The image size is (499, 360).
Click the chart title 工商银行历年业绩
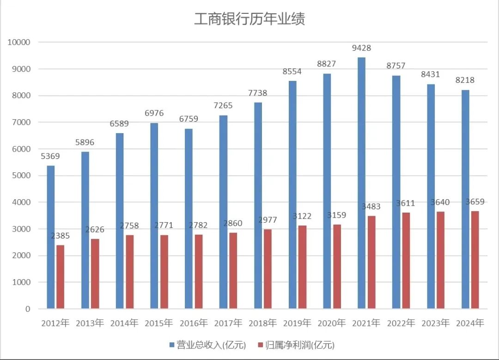coord(249,19)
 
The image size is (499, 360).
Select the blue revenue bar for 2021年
coord(361,183)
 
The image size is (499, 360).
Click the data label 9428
coord(361,48)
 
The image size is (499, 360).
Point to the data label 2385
coord(60,236)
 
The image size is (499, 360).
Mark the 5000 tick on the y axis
coord(20,176)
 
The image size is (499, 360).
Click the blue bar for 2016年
coord(189,219)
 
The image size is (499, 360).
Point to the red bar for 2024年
coord(475,260)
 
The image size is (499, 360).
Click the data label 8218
coord(465,80)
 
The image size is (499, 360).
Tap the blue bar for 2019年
coord(292,195)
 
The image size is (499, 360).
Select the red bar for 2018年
coord(268,268)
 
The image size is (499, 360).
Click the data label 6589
coord(119,124)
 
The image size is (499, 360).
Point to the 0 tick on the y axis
coord(27,309)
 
